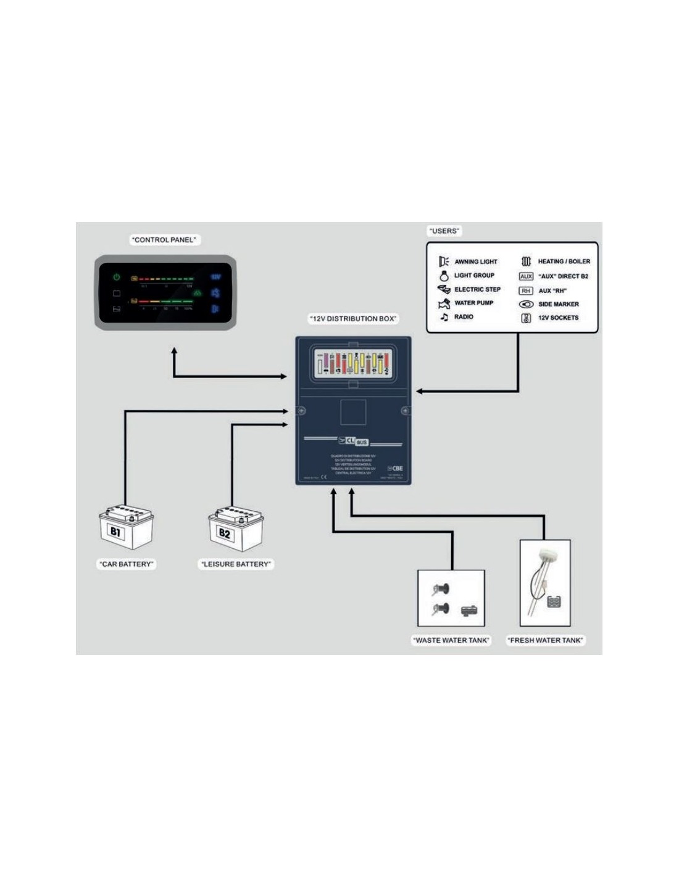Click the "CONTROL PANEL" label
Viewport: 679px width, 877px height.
point(164,240)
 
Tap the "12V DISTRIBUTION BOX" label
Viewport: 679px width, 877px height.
point(353,319)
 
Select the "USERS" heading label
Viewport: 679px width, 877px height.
point(444,231)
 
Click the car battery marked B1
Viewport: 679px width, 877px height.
point(127,527)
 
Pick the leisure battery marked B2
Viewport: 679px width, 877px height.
point(236,529)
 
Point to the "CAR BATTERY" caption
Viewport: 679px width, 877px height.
point(126,564)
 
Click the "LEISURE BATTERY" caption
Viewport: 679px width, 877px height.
point(236,564)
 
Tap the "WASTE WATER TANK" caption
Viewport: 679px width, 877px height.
point(451,640)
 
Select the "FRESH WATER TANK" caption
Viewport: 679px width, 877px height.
point(546,640)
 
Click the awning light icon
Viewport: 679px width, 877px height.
point(444,261)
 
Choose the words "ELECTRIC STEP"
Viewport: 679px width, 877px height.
point(477,289)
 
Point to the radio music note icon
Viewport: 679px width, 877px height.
point(444,317)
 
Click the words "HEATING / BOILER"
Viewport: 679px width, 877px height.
point(564,261)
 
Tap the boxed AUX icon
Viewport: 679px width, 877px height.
point(526,276)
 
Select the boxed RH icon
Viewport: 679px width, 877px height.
point(526,290)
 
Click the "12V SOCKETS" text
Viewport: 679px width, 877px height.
point(558,318)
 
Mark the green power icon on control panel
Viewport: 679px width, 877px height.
point(117,278)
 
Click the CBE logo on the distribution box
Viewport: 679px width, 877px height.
point(395,468)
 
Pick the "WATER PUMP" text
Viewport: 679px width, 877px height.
point(473,303)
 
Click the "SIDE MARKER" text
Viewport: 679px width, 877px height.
point(558,304)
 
